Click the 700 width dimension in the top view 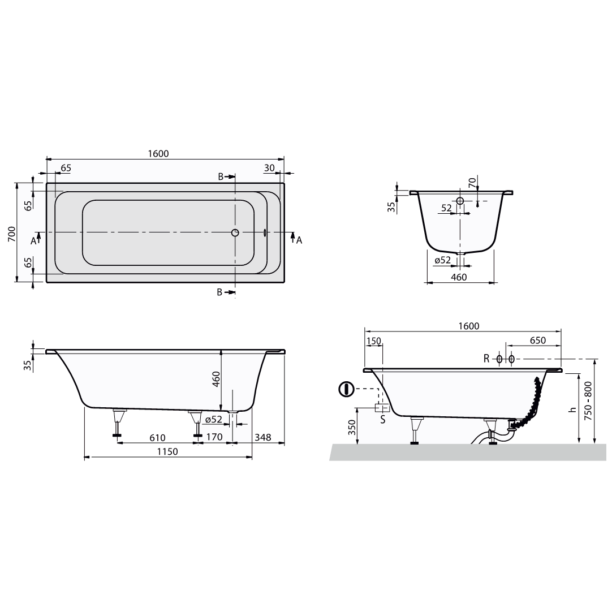[x=12, y=234]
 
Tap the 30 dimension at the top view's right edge [x=269, y=168]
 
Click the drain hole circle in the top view [x=235, y=232]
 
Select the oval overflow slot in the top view [x=265, y=232]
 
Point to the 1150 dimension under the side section [x=167, y=451]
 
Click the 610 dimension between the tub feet [x=157, y=438]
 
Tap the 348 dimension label [x=262, y=437]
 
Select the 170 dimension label [x=215, y=437]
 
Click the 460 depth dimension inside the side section [x=217, y=379]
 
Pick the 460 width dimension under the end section [x=459, y=277]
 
